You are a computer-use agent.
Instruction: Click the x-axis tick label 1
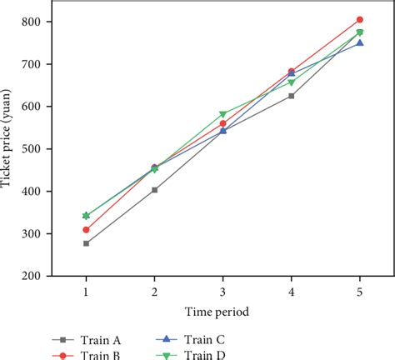(x=86, y=292)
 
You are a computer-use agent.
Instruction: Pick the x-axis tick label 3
(x=222, y=292)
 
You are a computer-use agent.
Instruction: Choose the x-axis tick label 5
(x=359, y=292)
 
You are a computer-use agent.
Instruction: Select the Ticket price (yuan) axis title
(x=10, y=148)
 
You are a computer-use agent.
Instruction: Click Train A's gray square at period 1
(x=86, y=243)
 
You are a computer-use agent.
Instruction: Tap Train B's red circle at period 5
(x=359, y=19)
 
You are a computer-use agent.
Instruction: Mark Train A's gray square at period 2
(x=154, y=190)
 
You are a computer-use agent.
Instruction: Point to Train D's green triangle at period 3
(x=222, y=114)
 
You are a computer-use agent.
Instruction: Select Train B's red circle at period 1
(x=86, y=229)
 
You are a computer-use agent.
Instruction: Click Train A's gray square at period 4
(x=291, y=96)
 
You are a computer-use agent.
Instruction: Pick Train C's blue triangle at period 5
(x=359, y=42)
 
